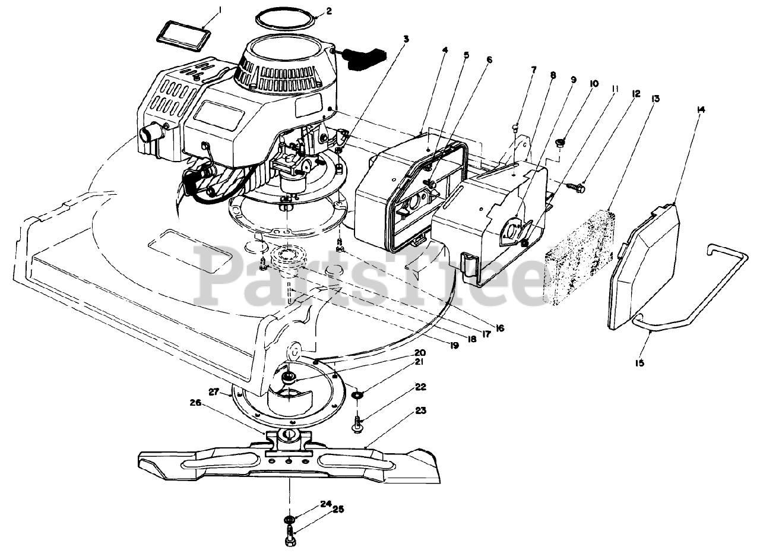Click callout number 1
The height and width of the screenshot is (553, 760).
click(203, 10)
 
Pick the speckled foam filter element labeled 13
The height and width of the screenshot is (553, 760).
click(579, 256)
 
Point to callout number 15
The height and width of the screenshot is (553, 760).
click(639, 362)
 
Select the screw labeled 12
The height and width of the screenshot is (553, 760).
click(579, 188)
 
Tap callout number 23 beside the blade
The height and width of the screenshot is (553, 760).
click(421, 410)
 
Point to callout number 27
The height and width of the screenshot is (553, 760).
click(214, 391)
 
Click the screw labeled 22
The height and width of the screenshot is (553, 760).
click(358, 425)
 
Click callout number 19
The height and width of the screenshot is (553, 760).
click(454, 345)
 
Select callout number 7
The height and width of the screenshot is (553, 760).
click(533, 70)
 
